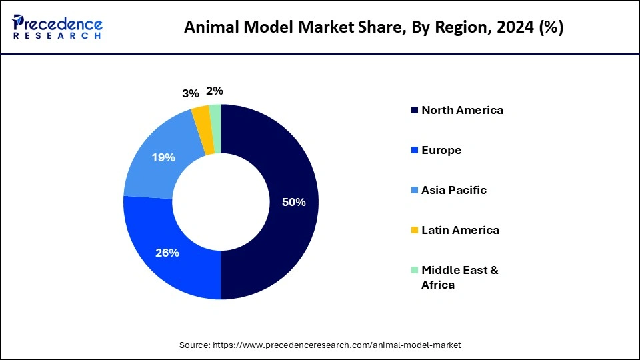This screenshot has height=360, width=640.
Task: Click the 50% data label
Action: click(293, 202)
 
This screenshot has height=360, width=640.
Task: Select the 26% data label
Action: click(167, 253)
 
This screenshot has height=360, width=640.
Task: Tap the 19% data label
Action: click(163, 157)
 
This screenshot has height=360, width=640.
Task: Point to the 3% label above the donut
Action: click(190, 94)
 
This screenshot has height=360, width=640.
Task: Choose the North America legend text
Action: click(462, 110)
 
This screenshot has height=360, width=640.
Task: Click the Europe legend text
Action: click(441, 150)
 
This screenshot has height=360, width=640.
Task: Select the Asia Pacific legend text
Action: click(453, 190)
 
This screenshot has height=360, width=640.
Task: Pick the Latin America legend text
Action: click(460, 230)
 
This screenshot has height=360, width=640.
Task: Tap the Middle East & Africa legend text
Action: click(459, 277)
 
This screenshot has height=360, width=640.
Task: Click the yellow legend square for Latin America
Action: click(415, 230)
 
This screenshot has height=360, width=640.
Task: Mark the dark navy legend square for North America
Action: click(415, 110)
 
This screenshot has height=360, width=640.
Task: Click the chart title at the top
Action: click(373, 27)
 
